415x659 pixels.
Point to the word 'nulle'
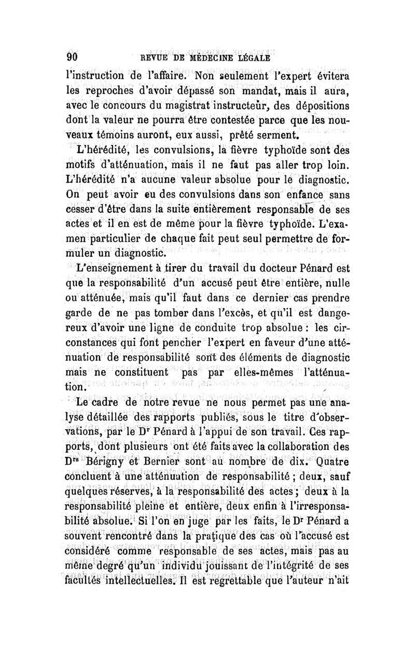pos(337,284)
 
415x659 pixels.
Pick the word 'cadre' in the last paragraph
pos(109,402)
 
